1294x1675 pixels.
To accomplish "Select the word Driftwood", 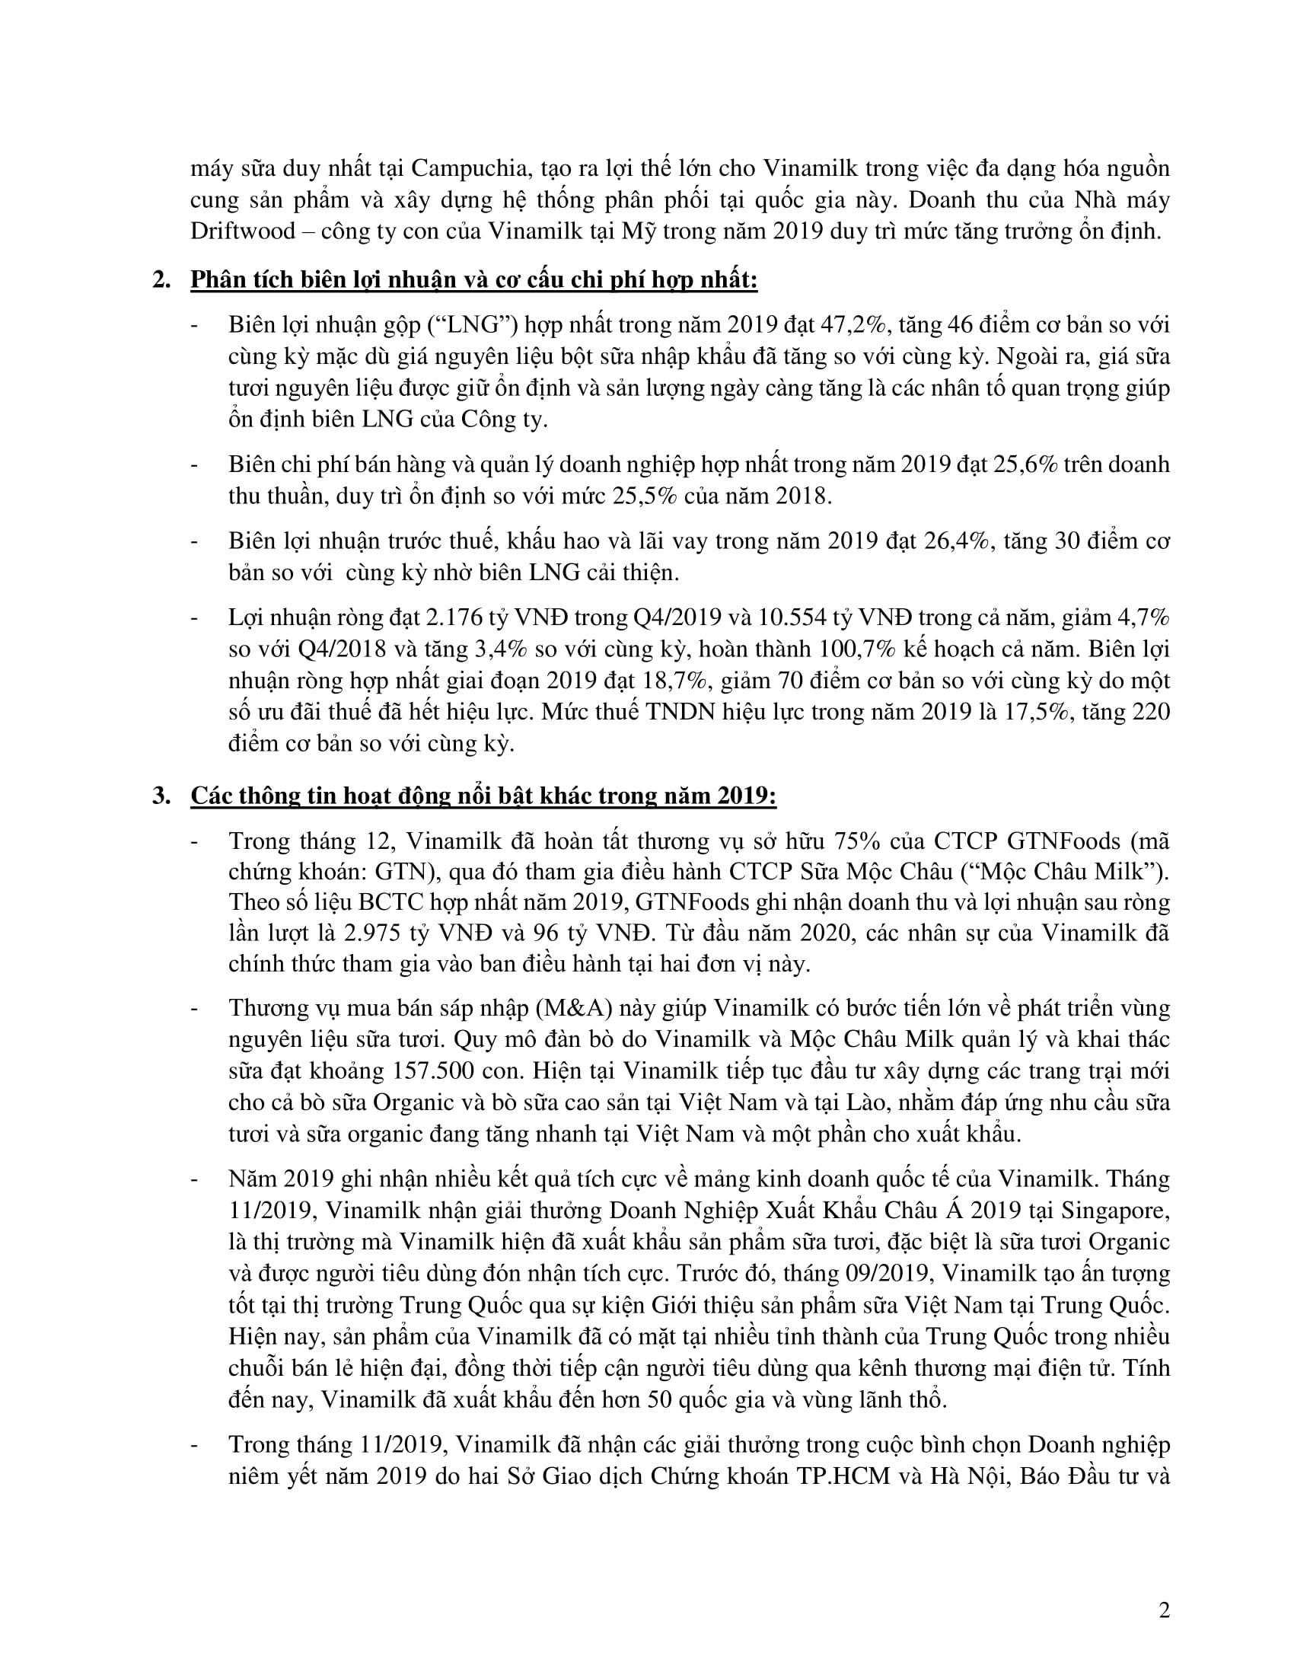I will click(243, 231).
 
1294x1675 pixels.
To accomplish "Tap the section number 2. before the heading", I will click(161, 280).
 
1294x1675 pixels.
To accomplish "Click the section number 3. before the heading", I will click(161, 796).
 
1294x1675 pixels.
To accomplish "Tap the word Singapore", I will click(1115, 1210).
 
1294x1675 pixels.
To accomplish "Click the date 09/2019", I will click(888, 1273).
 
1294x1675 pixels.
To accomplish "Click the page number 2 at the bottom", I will click(1165, 1611).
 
